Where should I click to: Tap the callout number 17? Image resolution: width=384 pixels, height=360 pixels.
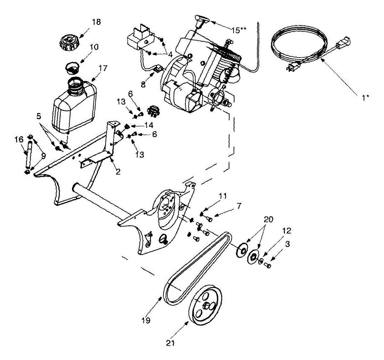click(x=103, y=68)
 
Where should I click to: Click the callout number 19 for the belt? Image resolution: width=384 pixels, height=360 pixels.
click(x=146, y=320)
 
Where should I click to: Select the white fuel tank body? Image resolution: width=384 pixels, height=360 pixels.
click(x=74, y=106)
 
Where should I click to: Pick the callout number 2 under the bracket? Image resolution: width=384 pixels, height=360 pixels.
click(x=118, y=172)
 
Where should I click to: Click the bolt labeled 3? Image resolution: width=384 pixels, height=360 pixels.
click(x=268, y=265)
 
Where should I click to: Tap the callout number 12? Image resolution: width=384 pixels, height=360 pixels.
click(x=286, y=230)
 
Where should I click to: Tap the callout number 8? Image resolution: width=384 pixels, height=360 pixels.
click(x=143, y=85)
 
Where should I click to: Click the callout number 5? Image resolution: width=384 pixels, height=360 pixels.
click(x=39, y=116)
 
